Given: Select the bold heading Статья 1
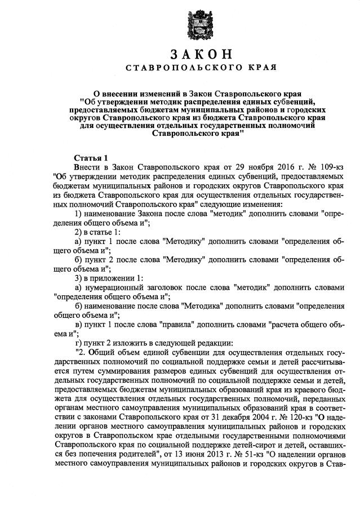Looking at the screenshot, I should (x=90, y=157).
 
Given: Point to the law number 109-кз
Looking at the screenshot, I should (x=328, y=167).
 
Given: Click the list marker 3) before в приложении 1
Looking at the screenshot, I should (x=79, y=277).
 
